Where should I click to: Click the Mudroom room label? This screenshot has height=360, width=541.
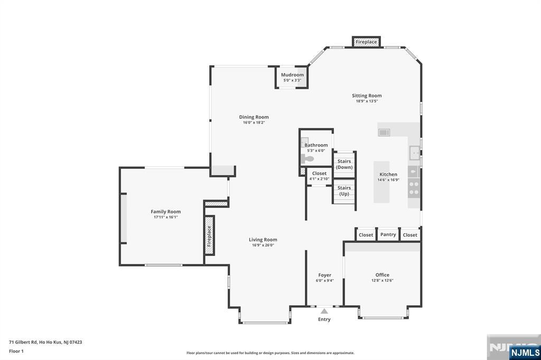coord(292,75)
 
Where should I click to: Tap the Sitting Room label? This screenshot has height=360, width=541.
coord(367,96)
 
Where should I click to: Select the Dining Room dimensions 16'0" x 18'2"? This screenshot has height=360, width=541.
coord(254,122)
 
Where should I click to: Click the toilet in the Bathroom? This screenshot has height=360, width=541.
coord(307,159)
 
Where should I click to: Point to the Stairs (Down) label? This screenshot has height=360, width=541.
coord(344,164)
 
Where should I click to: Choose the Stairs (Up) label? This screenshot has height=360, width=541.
coord(344,191)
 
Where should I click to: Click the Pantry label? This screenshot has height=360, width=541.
coord(388,234)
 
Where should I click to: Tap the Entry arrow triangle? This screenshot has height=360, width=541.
coord(324,311)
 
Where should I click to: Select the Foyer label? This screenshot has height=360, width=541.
coord(325,275)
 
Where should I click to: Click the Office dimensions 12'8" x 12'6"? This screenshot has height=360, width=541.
coord(383,280)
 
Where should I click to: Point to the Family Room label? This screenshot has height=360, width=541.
coord(165,211)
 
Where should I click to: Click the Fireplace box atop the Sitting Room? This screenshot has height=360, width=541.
coord(367,42)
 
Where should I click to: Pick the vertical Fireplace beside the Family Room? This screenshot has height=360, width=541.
coord(209,235)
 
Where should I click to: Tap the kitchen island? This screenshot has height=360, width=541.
coord(381,182)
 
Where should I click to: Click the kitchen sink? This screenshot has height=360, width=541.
coord(414,153)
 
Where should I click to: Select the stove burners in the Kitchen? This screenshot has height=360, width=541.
coord(414,188)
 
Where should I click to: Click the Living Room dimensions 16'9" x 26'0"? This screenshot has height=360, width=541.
coord(263,245)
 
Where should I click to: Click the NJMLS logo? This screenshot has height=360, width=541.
coord(525,353)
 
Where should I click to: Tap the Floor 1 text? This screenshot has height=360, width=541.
coord(16,351)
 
